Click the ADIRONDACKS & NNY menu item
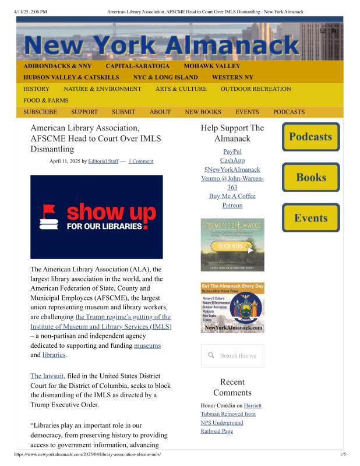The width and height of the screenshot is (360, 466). pyautogui.click(x=57, y=66)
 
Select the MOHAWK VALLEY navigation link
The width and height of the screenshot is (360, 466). pyautogui.click(x=211, y=66)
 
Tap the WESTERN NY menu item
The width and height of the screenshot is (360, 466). pyautogui.click(x=232, y=77)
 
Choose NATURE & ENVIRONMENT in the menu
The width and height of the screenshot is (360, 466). pyautogui.click(x=103, y=89)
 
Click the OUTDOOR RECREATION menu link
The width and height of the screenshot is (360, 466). pyautogui.click(x=256, y=89)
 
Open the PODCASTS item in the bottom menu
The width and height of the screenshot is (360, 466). pyautogui.click(x=289, y=112)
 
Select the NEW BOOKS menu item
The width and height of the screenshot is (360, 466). pyautogui.click(x=203, y=112)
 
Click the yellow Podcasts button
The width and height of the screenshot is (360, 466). pyautogui.click(x=310, y=137)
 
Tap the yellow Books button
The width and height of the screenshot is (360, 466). pyautogui.click(x=310, y=177)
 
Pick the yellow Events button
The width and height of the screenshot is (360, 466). pyautogui.click(x=310, y=218)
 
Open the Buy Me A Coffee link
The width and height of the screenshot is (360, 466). pyautogui.click(x=232, y=196)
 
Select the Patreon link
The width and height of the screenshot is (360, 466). pyautogui.click(x=232, y=206)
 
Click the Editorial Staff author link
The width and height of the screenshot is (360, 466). pyautogui.click(x=103, y=161)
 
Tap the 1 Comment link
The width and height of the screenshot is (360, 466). pyautogui.click(x=141, y=161)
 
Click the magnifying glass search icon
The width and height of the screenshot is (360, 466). pyautogui.click(x=211, y=355)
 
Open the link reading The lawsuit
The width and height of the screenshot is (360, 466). pyautogui.click(x=47, y=376)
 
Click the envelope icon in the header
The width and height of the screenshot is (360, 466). pyautogui.click(x=323, y=30)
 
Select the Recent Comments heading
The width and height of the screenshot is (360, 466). pyautogui.click(x=232, y=387)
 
